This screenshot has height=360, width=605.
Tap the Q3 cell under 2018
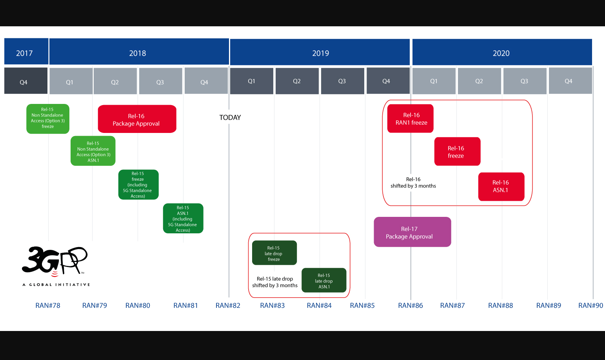[160, 81]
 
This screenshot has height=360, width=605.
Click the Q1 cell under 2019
[251, 81]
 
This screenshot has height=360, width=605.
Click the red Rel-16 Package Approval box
[137, 119]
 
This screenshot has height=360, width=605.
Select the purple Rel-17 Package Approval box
[412, 232]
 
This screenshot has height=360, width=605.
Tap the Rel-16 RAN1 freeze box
[411, 118]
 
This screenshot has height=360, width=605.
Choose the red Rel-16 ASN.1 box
[501, 187]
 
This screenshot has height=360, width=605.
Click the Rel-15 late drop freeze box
[274, 253]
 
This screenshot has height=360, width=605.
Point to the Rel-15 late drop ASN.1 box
[324, 280]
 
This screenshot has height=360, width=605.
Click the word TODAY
[230, 117]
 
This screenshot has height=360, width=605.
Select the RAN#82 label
[228, 305]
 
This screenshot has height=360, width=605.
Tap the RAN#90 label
[590, 305]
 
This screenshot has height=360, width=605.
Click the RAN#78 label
[48, 305]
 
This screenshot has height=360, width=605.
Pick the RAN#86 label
[411, 305]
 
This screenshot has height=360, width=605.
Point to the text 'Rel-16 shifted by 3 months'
[413, 183]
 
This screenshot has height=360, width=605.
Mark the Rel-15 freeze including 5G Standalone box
[138, 185]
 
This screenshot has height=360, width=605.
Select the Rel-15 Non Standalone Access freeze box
[48, 118]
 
